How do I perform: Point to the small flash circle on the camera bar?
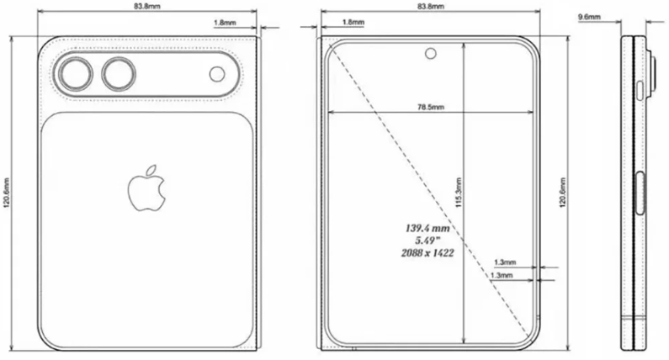pos(216,75)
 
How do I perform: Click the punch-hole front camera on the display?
pos(432,55)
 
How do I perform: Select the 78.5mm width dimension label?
pos(430,107)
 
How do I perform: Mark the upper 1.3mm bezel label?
pos(506,262)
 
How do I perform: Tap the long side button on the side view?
pos(643,193)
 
